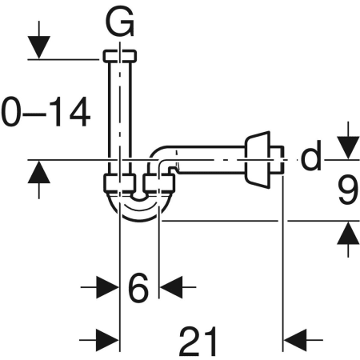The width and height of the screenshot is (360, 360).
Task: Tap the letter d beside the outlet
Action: [310, 158]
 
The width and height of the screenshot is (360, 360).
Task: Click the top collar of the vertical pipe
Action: [120, 58]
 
